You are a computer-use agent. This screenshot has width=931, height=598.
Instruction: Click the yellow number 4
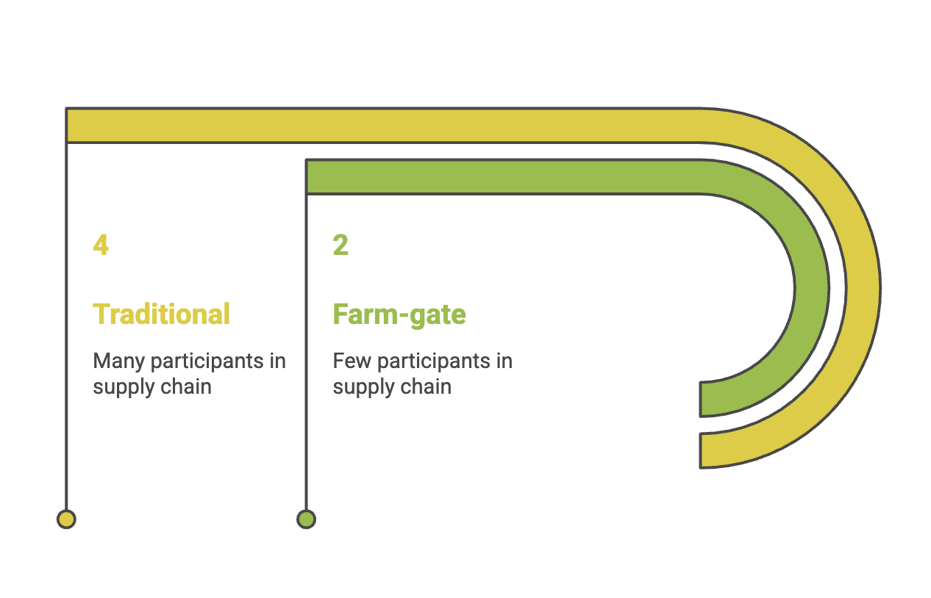(x=101, y=245)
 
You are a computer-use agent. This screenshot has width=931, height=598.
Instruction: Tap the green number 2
(x=340, y=245)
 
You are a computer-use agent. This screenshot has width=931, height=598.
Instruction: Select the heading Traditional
(x=161, y=314)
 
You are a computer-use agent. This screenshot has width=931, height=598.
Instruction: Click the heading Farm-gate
(x=399, y=314)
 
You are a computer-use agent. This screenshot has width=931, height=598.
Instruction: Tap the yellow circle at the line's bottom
(x=66, y=519)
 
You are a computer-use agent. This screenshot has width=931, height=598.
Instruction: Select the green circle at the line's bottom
(x=306, y=519)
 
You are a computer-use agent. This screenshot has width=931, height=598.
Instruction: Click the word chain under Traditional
(x=190, y=386)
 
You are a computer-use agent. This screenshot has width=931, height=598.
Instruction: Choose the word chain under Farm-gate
(x=430, y=386)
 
